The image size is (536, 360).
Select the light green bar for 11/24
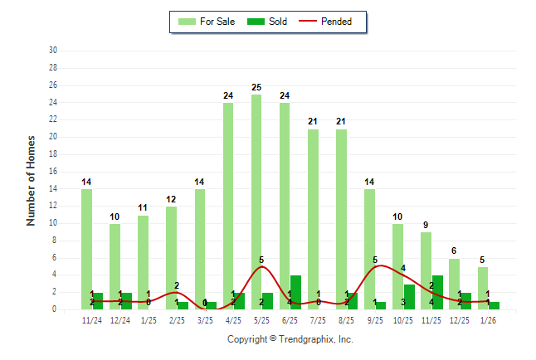click(86, 249)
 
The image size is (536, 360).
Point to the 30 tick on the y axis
click(52, 51)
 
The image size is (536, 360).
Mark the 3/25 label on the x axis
click(206, 319)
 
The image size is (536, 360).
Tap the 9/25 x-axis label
click(375, 319)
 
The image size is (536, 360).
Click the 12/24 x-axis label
click(120, 319)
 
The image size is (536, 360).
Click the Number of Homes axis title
click(32, 180)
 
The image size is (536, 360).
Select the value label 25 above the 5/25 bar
click(256, 87)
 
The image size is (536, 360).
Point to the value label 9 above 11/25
click(426, 225)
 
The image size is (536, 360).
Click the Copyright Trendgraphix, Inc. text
click(290, 339)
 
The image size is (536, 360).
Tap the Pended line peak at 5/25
click(261, 266)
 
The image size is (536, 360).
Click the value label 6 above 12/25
click(455, 251)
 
